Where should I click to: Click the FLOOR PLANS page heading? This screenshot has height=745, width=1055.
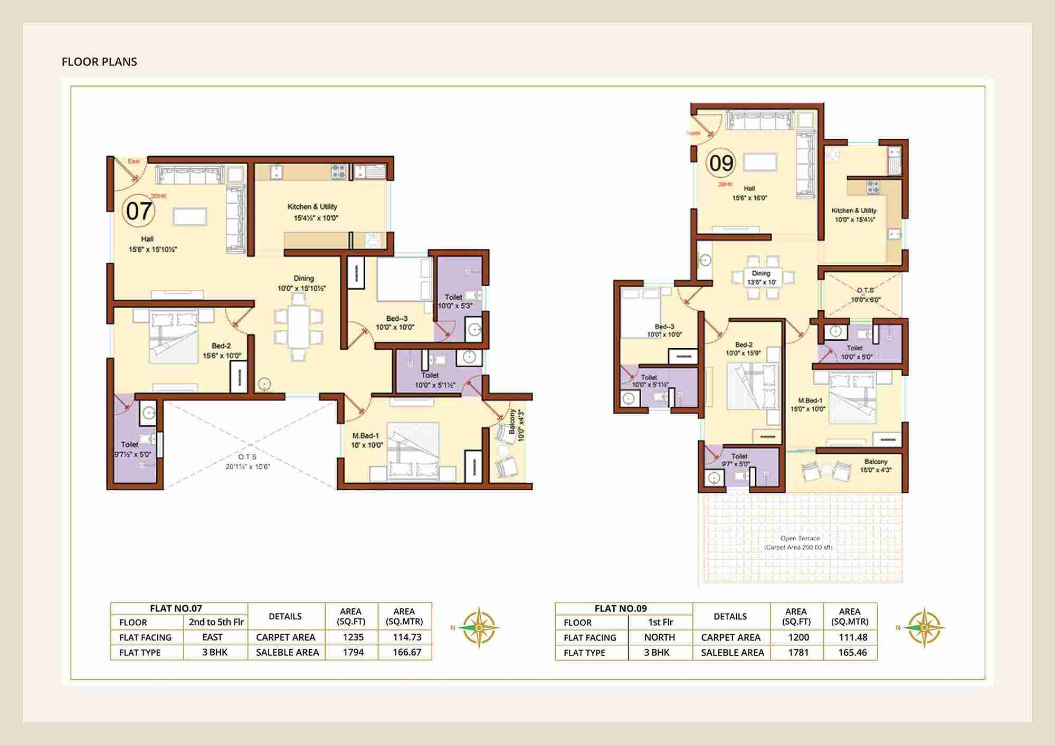click(99, 62)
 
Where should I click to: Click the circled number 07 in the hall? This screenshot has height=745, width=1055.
click(138, 211)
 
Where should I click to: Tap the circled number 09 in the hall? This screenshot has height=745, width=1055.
click(721, 163)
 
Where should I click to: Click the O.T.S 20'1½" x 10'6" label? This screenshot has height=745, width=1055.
click(248, 461)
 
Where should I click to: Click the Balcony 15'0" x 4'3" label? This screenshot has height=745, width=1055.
click(876, 465)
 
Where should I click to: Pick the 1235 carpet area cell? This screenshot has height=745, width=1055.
click(353, 637)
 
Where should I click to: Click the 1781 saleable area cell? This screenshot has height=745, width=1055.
click(798, 652)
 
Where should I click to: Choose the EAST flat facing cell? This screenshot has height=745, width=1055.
click(212, 637)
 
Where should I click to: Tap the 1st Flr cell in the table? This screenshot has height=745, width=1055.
click(660, 622)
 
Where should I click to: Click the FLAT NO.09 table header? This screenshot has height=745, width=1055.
click(620, 608)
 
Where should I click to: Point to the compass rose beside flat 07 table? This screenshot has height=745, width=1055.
click(478, 627)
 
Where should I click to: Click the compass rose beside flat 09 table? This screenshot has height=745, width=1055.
click(924, 627)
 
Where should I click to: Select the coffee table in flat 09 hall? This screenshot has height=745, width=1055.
click(760, 162)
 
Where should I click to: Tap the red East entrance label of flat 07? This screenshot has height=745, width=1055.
click(134, 161)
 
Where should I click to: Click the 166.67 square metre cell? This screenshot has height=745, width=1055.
click(406, 652)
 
